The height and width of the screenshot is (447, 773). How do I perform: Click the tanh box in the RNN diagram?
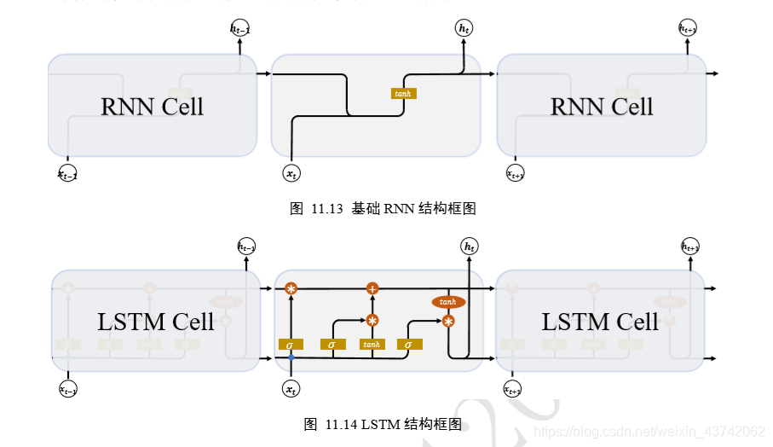[402, 93]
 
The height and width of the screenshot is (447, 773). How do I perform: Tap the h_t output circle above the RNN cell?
[464, 29]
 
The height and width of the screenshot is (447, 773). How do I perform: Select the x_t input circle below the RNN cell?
[291, 174]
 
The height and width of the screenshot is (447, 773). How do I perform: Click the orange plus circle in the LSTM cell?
[372, 289]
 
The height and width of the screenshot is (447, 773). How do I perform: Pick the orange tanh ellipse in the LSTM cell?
[448, 302]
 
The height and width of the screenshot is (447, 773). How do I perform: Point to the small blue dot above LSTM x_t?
[291, 358]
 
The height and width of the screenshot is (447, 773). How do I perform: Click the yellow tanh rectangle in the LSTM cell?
[372, 345]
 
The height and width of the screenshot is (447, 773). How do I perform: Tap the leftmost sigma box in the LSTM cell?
[291, 345]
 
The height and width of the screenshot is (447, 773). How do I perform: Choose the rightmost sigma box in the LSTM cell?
[409, 345]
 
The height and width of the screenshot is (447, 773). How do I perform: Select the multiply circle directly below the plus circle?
[372, 321]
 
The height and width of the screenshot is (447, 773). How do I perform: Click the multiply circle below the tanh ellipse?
[448, 322]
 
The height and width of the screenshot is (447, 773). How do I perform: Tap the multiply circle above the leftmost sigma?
[291, 289]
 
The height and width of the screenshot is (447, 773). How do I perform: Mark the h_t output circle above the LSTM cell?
[469, 247]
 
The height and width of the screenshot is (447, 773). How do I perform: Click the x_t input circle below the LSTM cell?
[291, 390]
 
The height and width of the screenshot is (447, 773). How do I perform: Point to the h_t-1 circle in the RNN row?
[240, 29]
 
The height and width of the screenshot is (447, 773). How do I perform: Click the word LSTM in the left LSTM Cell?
[126, 322]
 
